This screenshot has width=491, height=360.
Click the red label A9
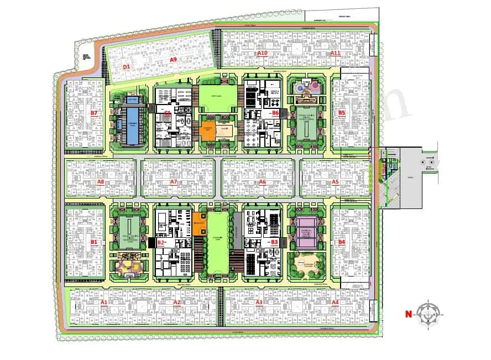click(x=173, y=59)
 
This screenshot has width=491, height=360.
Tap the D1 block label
click(x=126, y=66)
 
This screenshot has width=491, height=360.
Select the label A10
click(x=262, y=53)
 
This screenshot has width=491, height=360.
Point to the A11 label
click(x=335, y=53)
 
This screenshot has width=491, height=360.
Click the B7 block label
click(x=94, y=113)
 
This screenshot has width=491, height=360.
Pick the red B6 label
click(x=275, y=112)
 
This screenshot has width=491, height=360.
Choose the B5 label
click(x=342, y=113)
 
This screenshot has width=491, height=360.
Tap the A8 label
click(x=101, y=181)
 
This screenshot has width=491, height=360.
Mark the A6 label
click(x=262, y=181)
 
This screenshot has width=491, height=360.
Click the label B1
click(x=94, y=242)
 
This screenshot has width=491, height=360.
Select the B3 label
click(x=275, y=242)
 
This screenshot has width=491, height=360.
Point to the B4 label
click(x=342, y=242)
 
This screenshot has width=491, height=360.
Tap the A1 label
click(x=103, y=302)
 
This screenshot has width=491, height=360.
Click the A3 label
click(x=259, y=302)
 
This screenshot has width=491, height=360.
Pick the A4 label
click(x=335, y=302)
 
